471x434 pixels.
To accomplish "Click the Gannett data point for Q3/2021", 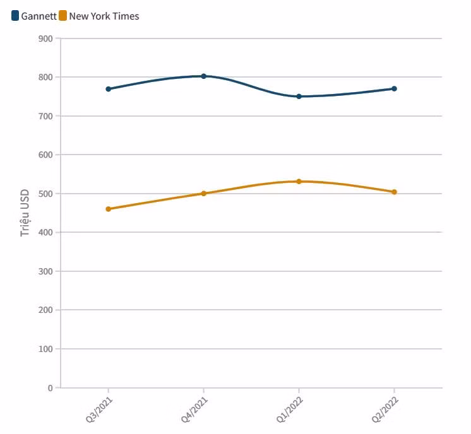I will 108,89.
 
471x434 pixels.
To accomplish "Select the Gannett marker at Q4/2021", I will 203,76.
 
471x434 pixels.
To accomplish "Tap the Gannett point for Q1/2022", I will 299,97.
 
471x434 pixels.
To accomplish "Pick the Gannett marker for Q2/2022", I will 394,89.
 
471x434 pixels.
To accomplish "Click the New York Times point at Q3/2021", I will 108,209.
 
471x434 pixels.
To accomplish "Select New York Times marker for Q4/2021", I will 203,194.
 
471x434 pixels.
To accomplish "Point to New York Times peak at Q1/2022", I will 299,182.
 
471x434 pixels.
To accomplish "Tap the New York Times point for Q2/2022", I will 394,192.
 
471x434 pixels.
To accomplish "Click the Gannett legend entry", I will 34,16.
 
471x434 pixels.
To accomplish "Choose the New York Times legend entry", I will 99,16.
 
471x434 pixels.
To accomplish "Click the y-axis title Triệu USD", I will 25,213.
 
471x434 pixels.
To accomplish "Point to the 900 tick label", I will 45,38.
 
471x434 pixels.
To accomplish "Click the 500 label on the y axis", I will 45,194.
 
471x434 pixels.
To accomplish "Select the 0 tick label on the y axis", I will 50,388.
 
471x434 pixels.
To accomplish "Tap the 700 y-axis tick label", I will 45,116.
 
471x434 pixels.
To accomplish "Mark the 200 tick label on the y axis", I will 45,310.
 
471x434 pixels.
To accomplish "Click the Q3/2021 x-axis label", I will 100,409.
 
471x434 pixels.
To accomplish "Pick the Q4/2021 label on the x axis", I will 195,409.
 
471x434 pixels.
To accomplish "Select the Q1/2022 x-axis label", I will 290,409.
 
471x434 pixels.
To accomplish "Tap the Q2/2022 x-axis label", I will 386,409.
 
